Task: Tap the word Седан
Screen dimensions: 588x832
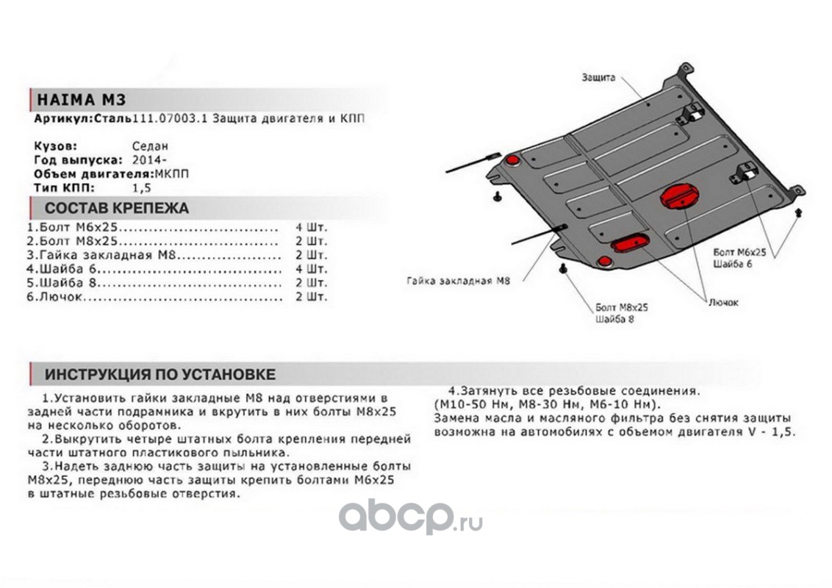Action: [150, 146]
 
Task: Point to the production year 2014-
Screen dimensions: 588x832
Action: [150, 159]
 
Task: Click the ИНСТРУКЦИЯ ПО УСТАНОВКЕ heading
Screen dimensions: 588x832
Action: [159, 374]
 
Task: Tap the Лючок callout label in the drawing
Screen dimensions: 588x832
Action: [724, 302]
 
